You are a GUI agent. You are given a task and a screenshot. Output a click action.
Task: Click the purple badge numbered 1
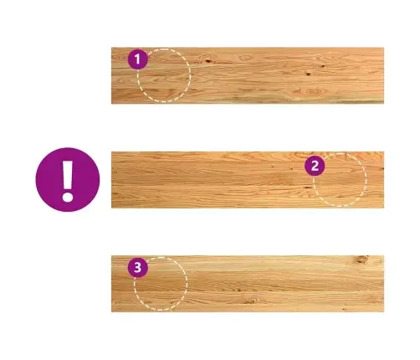click(138, 59)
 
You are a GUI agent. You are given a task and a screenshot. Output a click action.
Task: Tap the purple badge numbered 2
click(315, 166)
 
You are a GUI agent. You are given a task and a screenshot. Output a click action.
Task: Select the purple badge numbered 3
click(138, 267)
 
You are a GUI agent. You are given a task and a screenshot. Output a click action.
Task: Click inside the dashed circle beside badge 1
click(164, 75)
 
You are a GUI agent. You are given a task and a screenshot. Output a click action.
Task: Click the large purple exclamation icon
click(68, 180)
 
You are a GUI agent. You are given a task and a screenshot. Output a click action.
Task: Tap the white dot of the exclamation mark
click(68, 197)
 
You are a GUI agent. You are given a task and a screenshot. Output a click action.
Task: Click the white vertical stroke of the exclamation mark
click(68, 175)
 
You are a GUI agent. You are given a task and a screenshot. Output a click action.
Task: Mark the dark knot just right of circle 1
click(207, 61)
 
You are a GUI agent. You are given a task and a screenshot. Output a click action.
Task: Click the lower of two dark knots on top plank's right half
click(309, 74)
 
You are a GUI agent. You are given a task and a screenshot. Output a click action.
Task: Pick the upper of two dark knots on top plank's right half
click(323, 66)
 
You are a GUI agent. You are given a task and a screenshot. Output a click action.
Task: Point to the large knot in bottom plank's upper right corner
click(361, 260)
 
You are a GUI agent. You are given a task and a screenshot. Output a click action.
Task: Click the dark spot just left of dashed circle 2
click(308, 188)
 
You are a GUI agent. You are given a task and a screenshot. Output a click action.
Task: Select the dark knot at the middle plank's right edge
click(382, 168)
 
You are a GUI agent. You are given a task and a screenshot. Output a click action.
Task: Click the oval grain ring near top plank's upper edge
click(245, 59)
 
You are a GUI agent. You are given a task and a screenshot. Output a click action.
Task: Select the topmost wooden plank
click(248, 75)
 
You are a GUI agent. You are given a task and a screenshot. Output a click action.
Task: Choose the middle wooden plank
click(248, 180)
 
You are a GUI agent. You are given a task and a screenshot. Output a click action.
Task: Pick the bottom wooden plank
click(248, 284)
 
